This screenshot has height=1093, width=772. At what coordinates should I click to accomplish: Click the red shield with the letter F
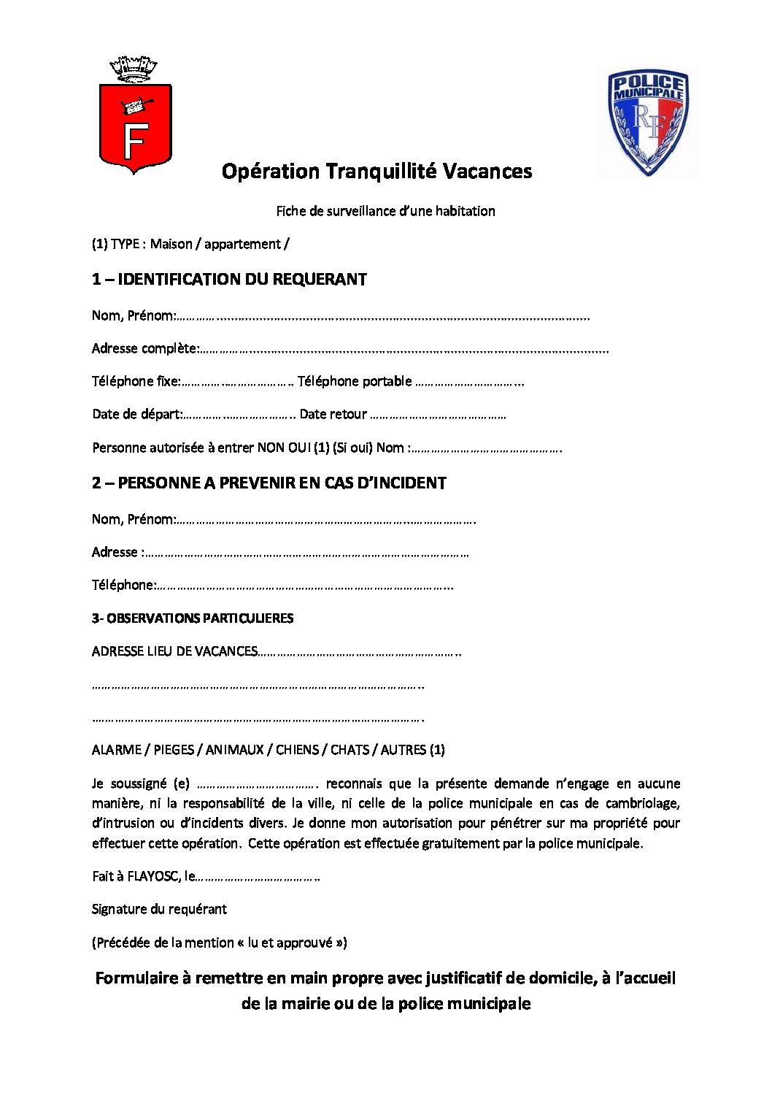[x=135, y=128]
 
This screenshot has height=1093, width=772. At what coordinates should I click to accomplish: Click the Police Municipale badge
[x=647, y=122]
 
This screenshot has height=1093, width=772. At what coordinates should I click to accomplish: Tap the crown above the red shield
[x=134, y=69]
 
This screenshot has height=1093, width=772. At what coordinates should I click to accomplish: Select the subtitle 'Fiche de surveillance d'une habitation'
[x=385, y=211]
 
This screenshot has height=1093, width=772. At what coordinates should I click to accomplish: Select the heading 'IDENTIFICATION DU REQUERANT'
[x=242, y=279]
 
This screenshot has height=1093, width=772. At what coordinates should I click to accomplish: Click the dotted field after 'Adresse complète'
[x=403, y=349]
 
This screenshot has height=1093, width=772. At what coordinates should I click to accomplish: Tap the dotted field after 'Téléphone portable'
[x=469, y=382]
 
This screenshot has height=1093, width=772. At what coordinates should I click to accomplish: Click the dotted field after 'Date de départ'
[x=239, y=415]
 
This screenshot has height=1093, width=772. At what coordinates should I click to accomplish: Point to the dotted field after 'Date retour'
[x=438, y=415]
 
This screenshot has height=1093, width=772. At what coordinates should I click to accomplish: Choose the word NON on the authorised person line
[x=270, y=448]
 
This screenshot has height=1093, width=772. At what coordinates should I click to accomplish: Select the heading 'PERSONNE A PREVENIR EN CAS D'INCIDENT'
[x=282, y=483]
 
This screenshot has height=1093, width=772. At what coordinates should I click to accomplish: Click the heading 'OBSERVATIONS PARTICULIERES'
[x=200, y=618]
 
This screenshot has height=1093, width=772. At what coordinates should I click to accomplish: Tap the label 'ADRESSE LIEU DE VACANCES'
[x=174, y=651]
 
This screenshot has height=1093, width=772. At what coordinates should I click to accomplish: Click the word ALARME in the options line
[x=117, y=750]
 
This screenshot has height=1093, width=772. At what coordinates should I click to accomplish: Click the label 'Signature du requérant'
[x=159, y=909]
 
